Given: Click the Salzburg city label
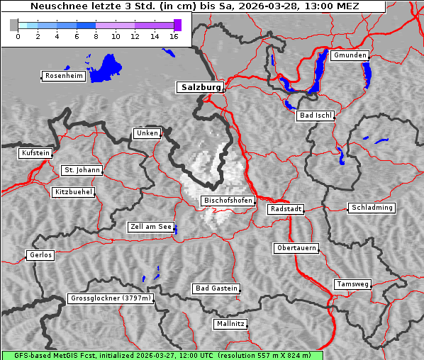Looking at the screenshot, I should (201, 87).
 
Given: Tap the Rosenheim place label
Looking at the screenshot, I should (62, 76).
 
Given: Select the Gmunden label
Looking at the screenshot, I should (350, 55).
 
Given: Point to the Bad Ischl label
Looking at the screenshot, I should (315, 116).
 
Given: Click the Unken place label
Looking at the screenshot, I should (147, 133).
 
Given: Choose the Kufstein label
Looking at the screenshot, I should (35, 153).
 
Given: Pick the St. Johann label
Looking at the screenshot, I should (82, 170).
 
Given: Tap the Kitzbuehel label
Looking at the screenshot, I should (73, 192).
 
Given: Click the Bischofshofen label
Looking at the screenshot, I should (228, 201).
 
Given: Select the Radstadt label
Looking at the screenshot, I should (286, 209).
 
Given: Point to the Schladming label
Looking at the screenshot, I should (371, 208).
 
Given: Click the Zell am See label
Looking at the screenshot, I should (151, 227).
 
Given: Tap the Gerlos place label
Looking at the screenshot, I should (40, 255).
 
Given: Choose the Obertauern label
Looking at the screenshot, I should (296, 248).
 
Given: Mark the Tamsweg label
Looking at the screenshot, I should (352, 284).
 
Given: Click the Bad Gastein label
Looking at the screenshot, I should (216, 288).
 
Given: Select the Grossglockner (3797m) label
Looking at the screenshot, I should (111, 298).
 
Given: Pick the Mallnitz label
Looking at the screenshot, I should (230, 324).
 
